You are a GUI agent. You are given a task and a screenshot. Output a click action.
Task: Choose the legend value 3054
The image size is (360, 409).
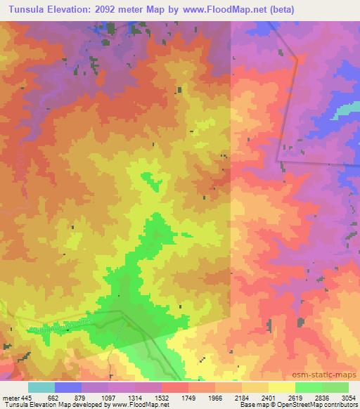pos(349,397)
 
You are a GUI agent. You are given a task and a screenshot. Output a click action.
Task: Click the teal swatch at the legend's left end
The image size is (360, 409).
pos(41,387)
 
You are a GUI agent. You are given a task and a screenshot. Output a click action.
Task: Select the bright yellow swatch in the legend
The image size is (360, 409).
pos(282,387)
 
